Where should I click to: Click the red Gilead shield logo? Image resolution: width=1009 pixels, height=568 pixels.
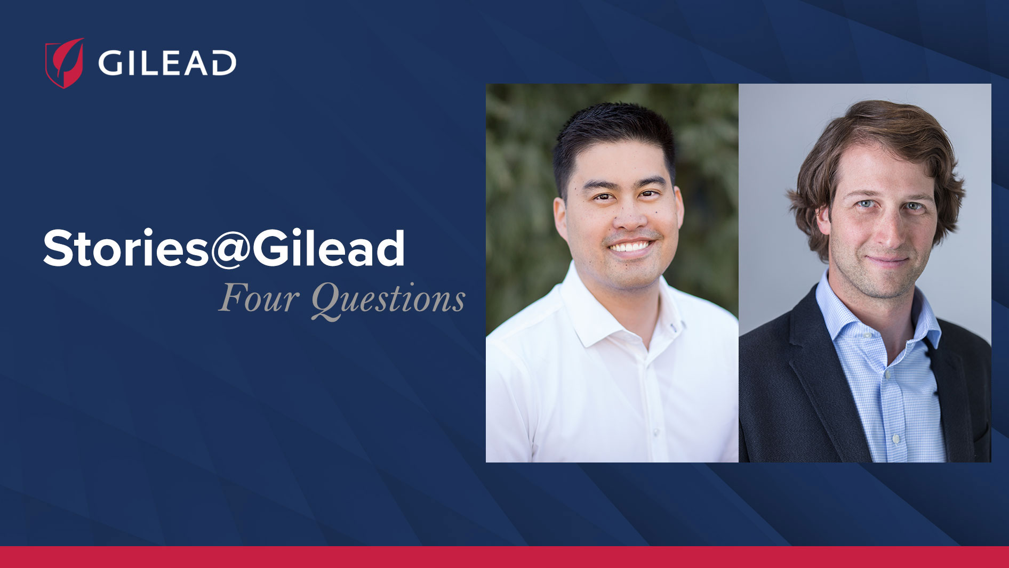65,63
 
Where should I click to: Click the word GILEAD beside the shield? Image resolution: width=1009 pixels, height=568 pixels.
167,63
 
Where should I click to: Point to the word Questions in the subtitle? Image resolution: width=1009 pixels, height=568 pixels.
388,299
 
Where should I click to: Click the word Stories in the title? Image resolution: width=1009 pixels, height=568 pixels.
126,248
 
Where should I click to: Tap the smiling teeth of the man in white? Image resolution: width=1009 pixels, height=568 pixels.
631,246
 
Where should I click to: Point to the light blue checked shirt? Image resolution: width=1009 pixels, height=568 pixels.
885,384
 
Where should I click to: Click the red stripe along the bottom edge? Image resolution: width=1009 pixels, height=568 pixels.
504,557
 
